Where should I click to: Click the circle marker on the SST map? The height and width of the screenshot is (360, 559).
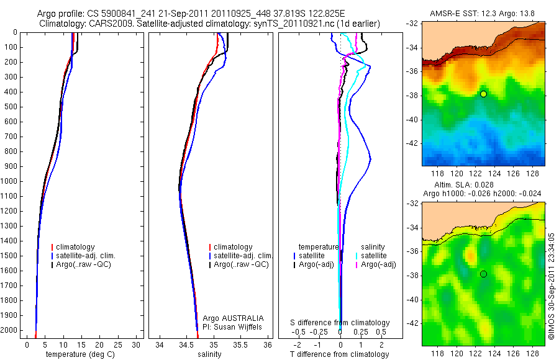pos(483,94)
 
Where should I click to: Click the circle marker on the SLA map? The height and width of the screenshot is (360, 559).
pos(483,274)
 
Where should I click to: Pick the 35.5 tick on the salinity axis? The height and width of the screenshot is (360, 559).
pos(241,344)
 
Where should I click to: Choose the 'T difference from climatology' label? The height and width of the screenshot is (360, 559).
pos(340,354)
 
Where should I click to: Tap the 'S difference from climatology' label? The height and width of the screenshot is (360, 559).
pos(340,323)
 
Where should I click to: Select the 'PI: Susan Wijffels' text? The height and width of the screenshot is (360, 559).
pos(233,326)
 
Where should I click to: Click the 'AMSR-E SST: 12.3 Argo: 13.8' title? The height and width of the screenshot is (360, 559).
pos(483,13)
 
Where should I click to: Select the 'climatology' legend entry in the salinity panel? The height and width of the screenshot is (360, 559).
pos(232,247)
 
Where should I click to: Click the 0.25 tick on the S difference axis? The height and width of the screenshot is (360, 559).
pos(360,333)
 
